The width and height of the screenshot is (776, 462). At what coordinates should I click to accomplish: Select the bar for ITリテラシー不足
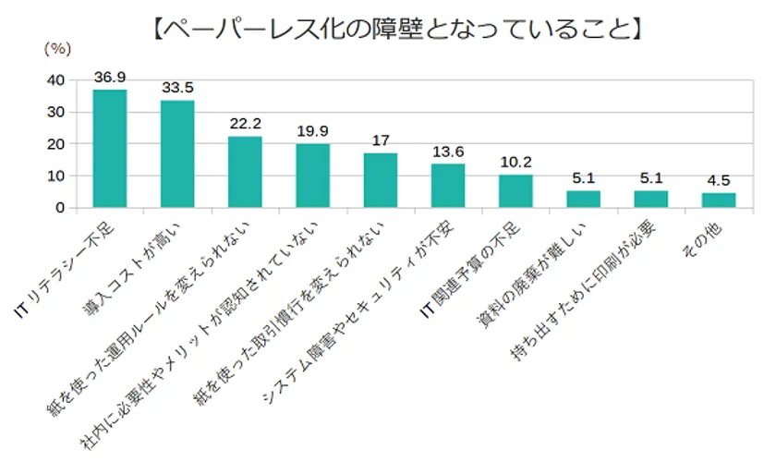tap(110, 148)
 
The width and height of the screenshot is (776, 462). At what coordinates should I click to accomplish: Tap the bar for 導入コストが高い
tap(177, 153)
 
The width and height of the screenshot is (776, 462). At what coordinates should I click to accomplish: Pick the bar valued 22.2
tap(245, 172)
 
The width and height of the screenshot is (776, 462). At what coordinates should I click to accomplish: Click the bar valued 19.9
tap(312, 176)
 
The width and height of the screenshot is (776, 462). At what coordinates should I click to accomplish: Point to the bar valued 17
tap(380, 180)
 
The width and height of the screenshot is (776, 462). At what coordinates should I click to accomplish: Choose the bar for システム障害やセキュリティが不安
tap(448, 186)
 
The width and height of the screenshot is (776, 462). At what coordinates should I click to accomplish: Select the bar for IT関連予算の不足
tap(515, 191)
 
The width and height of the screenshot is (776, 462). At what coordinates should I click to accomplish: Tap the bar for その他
tap(719, 200)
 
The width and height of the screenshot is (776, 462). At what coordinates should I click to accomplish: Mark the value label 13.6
tap(448, 152)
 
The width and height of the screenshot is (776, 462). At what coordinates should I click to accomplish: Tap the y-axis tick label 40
tap(55, 80)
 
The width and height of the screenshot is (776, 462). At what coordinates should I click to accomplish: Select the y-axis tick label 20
tap(55, 144)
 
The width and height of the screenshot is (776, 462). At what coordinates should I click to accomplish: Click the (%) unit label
tap(57, 45)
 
